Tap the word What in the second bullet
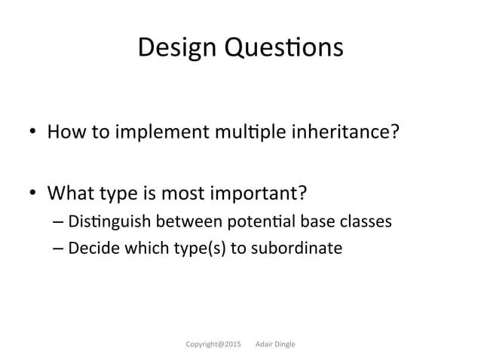click(x=69, y=195)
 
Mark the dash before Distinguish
click(x=58, y=223)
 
